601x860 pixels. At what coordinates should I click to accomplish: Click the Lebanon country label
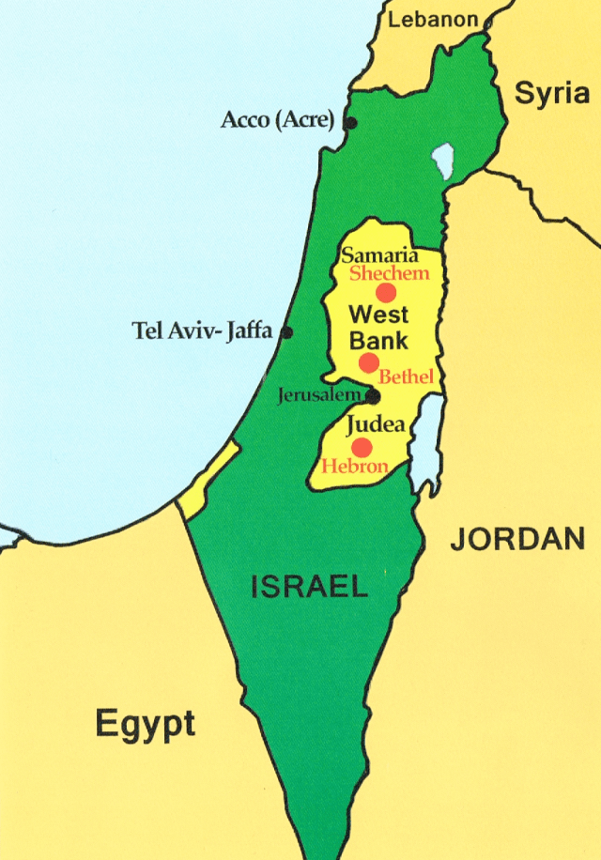coord(433,19)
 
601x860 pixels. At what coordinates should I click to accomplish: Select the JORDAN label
coord(516,538)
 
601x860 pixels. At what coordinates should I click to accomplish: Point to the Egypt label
coord(146,724)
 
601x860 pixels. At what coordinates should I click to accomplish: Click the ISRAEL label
coord(309,587)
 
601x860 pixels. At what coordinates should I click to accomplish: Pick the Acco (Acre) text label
coord(279,120)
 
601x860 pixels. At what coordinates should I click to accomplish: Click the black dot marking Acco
coord(350,123)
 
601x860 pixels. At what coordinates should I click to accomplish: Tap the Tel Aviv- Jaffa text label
coord(203,330)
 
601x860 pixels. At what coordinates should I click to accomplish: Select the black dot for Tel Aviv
coord(286,331)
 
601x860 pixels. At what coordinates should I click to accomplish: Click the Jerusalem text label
coord(320,395)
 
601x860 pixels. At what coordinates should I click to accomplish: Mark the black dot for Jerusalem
coord(373,396)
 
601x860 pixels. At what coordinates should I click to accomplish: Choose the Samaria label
coord(378,254)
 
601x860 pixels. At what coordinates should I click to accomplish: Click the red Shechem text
coord(389,273)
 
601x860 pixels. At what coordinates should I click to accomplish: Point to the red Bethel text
coord(406,377)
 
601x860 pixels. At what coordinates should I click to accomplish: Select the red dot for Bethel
coord(369,362)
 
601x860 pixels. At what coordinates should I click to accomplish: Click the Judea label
coord(376,424)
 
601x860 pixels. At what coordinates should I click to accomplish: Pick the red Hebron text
coord(354,466)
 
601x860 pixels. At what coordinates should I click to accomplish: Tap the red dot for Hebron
coord(362,447)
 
